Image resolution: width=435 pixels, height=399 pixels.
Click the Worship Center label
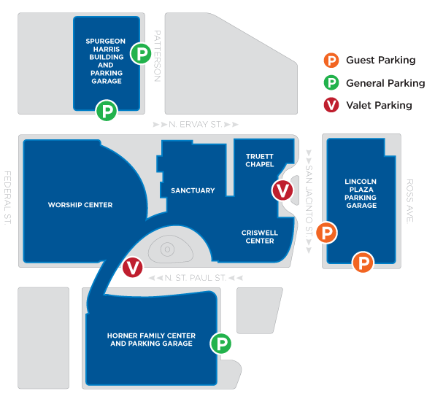pos(80,205)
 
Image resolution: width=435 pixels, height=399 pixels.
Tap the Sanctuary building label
pos(193,190)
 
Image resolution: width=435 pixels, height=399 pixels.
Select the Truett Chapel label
pos(260,160)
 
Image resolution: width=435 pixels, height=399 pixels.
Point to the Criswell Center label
pos(260,237)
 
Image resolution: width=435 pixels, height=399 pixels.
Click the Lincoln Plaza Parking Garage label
pos(361,193)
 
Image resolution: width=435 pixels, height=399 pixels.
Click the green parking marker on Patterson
pos(141,53)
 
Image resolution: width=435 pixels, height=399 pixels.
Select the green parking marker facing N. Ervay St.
pos(107,110)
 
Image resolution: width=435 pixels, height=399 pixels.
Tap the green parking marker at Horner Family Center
pos(221,344)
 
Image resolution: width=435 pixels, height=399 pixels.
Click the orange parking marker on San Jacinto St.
pos(327,233)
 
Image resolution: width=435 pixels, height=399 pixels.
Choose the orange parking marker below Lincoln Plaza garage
pos(363,262)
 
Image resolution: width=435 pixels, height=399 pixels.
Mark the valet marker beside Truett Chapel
pos(282,190)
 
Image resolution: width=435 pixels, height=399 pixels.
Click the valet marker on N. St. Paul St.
pos(133,267)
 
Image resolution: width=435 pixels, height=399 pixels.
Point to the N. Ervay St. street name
pos(196,124)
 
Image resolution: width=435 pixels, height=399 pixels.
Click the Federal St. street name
pos(8,198)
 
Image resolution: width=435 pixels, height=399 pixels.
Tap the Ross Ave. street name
pos(409,201)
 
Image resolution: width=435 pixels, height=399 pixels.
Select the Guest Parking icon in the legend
pos(331,60)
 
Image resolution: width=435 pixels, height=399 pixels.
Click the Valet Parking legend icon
pos(331,105)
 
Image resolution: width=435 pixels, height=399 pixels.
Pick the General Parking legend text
pos(385,83)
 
